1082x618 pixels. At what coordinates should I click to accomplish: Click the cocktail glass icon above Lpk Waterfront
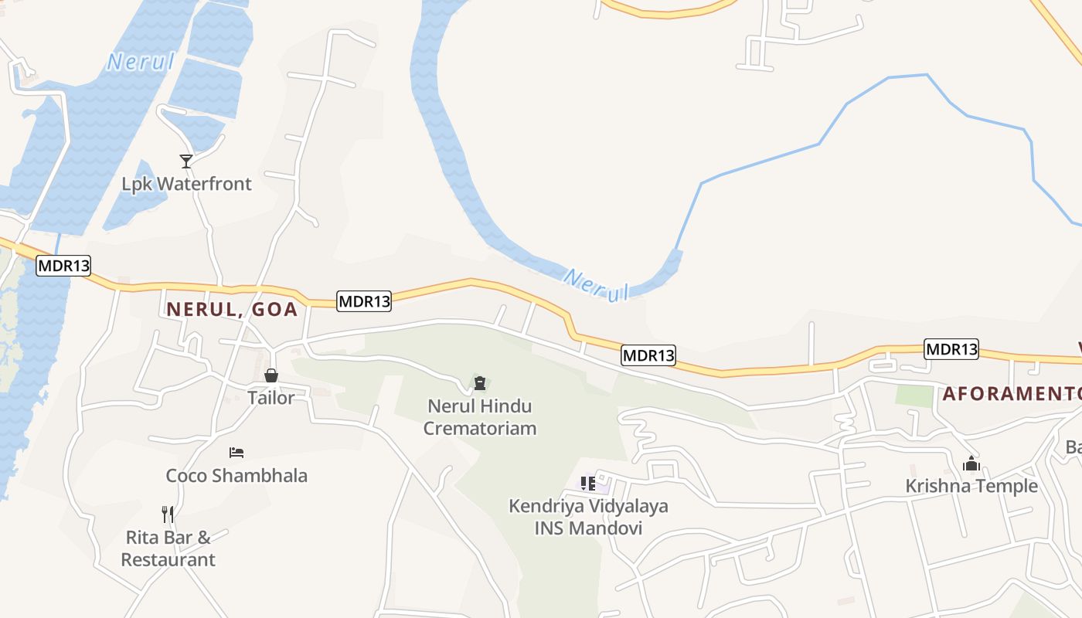coord(186,161)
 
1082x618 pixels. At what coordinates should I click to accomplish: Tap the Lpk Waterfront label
coord(186,184)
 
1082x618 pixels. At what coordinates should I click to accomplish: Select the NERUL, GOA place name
coord(233,309)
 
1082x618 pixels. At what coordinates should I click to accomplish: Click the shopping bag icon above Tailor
coord(271,375)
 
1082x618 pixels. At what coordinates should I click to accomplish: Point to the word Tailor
coord(271,398)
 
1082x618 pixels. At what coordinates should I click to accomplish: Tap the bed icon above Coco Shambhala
coord(236,452)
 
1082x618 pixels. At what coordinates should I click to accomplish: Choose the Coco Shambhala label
coord(236,475)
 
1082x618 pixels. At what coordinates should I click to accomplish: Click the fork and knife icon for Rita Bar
coord(168,514)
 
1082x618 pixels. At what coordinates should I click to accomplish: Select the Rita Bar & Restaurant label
coord(168,548)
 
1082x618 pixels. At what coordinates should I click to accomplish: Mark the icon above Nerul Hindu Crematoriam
coord(480,383)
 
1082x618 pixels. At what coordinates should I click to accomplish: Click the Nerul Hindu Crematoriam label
coord(480,416)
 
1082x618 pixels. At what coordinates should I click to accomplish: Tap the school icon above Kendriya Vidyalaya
coord(588,484)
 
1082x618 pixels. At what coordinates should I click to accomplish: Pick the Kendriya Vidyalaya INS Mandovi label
coord(588,518)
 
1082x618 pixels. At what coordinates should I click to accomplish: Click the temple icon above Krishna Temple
coord(971,463)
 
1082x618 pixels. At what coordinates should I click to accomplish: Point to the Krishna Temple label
coord(971,486)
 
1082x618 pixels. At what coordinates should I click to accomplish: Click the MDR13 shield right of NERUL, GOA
coord(364,301)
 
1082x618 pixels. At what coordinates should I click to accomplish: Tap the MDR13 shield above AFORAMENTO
coord(951,349)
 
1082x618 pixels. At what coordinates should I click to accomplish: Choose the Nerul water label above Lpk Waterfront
coord(141,62)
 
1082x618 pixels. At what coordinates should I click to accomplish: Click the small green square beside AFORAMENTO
coord(914,395)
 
